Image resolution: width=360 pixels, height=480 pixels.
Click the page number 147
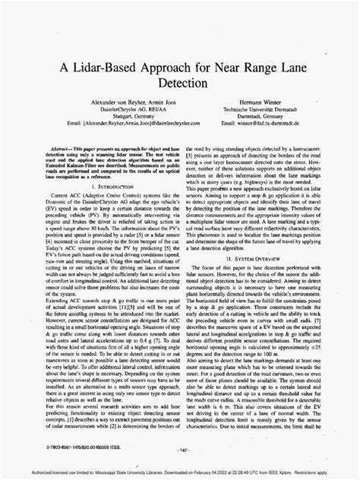click(180, 452)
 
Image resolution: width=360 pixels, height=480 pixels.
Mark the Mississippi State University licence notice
click(180, 470)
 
